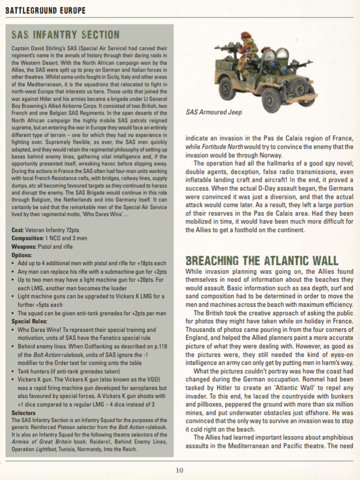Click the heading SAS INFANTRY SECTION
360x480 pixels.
[x=65, y=35]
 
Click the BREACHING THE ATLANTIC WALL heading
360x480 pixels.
[x=261, y=260]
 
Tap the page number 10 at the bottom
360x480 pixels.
[x=179, y=470]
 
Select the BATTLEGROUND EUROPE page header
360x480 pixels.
[x=45, y=11]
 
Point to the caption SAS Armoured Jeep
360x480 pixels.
[x=213, y=112]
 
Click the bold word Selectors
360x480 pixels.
[x=23, y=413]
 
